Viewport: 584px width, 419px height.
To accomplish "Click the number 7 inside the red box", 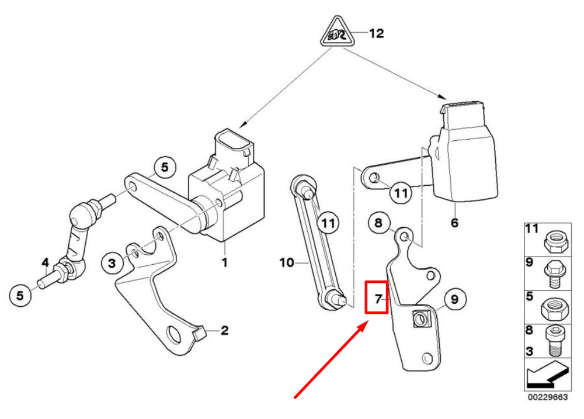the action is [378, 299].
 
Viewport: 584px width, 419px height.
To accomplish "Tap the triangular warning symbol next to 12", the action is [338, 32].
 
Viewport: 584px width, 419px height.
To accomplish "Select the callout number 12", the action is [376, 33].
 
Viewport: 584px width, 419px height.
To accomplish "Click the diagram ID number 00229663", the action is [548, 397].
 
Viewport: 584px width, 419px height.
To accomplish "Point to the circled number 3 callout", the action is [112, 263].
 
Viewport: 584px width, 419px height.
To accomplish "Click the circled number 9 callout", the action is [454, 299].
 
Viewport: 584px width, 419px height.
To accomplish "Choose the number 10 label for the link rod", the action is [287, 263].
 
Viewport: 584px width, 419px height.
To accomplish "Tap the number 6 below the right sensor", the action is [454, 223].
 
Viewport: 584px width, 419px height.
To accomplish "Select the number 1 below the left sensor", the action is [225, 262].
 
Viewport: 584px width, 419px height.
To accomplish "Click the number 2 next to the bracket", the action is [225, 330].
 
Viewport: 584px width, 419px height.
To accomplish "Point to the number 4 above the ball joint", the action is [45, 262].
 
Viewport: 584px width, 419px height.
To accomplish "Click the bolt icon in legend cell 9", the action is [555, 274].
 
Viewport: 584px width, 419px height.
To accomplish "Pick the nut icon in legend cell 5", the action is [555, 309].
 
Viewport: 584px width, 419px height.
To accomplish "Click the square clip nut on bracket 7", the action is [422, 319].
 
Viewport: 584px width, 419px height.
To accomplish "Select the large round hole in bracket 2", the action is [173, 334].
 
